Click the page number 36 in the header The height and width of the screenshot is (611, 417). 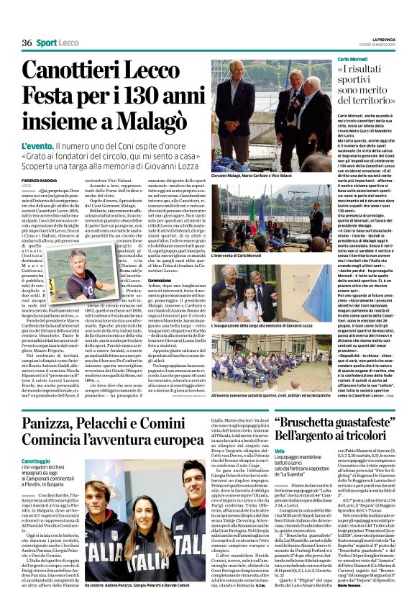27,43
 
